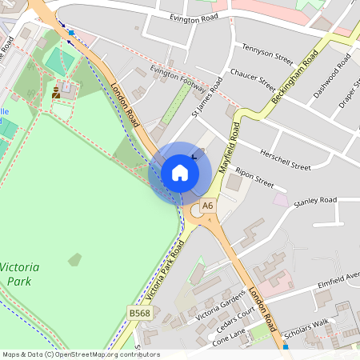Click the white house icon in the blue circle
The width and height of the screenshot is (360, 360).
180,172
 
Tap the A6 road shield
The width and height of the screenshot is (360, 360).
208,206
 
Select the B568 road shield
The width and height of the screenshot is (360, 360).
138,314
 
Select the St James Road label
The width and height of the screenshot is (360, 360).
207,98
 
